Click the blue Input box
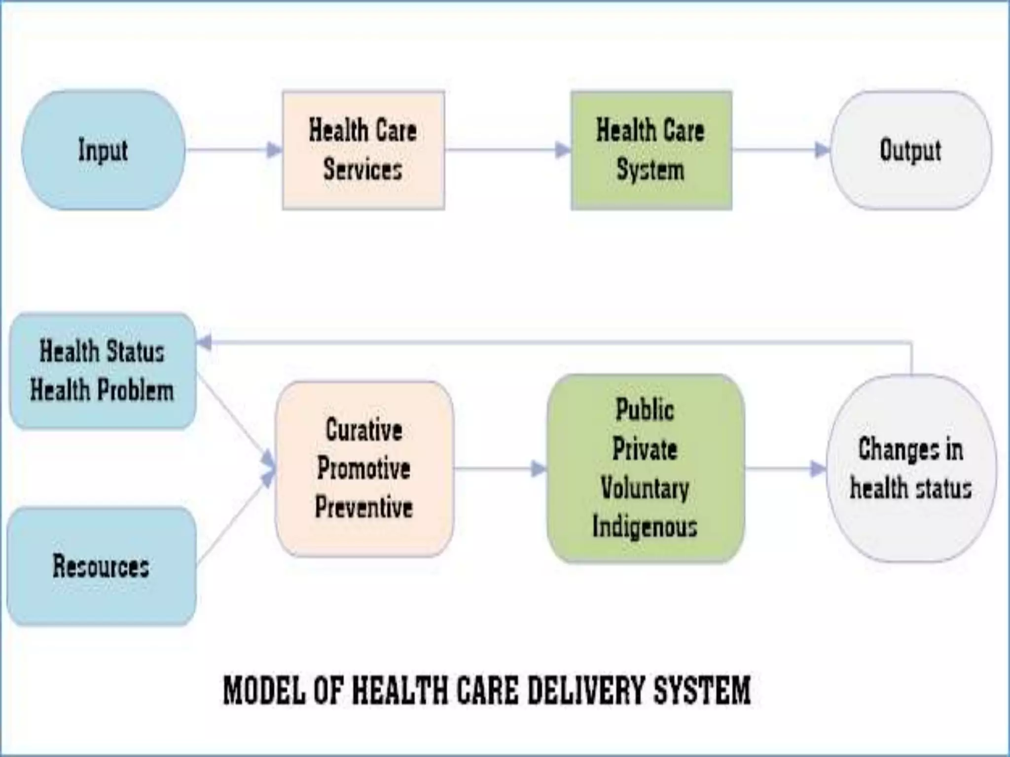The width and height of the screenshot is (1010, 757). coord(103,150)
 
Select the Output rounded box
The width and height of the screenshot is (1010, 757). coord(910,150)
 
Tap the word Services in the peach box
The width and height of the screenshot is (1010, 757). coord(362,170)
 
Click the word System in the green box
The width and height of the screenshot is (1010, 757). coord(650,170)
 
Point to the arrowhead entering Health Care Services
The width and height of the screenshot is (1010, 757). coord(274,150)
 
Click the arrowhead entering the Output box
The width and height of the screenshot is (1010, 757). coord(822,150)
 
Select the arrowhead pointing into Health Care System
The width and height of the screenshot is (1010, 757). coord(563,150)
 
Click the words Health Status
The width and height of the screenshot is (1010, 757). coord(102,352)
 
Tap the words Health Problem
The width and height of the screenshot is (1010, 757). coord(102,390)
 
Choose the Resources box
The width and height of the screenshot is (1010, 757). coord(101,566)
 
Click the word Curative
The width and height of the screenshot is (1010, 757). coord(364,430)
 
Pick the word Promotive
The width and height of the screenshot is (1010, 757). coord(364,468)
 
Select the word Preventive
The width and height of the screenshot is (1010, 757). coord(364,507)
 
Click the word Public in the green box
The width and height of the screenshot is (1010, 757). coord(645,410)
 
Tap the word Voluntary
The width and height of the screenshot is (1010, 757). coord(645,488)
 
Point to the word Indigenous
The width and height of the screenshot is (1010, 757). coord(645,526)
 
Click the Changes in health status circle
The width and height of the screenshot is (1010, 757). coord(910,468)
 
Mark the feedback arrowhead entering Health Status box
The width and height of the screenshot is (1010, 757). coord(204,342)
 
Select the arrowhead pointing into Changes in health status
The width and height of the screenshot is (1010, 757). coord(818,469)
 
